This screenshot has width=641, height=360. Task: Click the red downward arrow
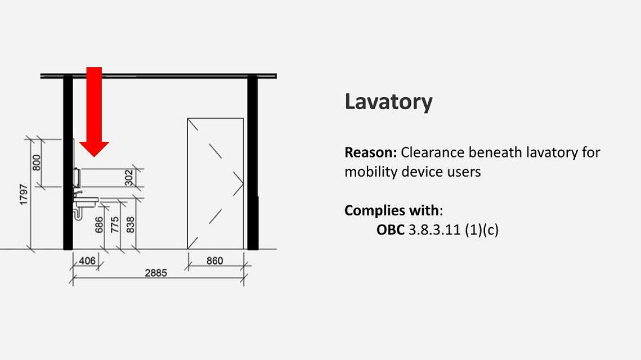tap(94, 111)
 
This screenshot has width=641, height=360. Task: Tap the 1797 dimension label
tap(24, 195)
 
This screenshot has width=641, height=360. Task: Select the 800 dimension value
tap(37, 163)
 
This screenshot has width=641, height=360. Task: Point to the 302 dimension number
tap(129, 178)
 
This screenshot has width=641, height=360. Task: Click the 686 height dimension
tap(99, 225)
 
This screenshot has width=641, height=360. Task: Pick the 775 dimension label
tap(115, 225)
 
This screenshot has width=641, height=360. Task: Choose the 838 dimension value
tap(131, 225)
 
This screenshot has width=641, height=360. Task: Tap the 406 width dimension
tap(87, 260)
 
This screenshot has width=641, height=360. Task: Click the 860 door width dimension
tap(214, 260)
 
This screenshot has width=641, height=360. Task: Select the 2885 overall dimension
tap(156, 273)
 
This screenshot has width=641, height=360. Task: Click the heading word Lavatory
tap(388, 102)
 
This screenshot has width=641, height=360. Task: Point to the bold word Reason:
tap(371, 152)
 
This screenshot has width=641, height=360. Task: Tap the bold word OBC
tap(391, 229)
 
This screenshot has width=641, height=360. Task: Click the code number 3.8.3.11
tap(434, 229)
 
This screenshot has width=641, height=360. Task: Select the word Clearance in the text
tap(433, 152)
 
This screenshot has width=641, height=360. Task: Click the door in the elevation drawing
tap(216, 183)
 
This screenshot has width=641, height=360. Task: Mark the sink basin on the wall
tap(86, 201)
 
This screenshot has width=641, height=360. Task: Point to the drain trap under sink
tap(77, 213)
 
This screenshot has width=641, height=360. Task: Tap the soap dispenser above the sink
tap(77, 177)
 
